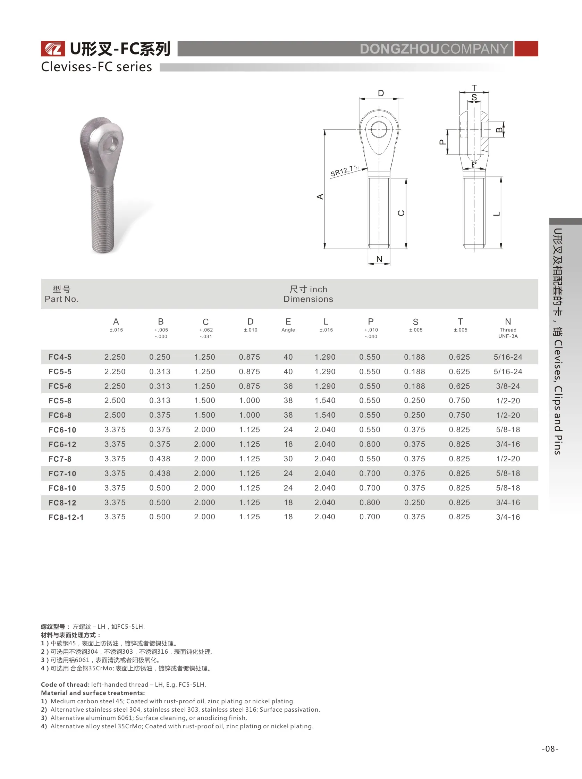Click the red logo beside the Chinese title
coord(53,49)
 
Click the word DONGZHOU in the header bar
coord(399,49)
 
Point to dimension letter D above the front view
coord(381,93)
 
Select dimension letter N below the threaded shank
coord(379,259)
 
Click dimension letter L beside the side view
coord(497,214)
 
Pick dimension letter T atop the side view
coord(474,88)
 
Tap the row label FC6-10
coord(62,430)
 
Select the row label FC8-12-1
coord(66,517)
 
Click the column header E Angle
coord(288,325)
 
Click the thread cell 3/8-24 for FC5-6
coord(508,386)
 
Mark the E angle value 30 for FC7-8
coord(288,459)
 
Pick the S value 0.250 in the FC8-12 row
coord(414,502)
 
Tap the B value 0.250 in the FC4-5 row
coord(160,357)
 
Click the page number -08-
coord(550,749)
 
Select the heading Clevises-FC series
coord(96,67)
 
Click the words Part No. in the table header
coord(62,299)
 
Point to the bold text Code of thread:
coord(65,684)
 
